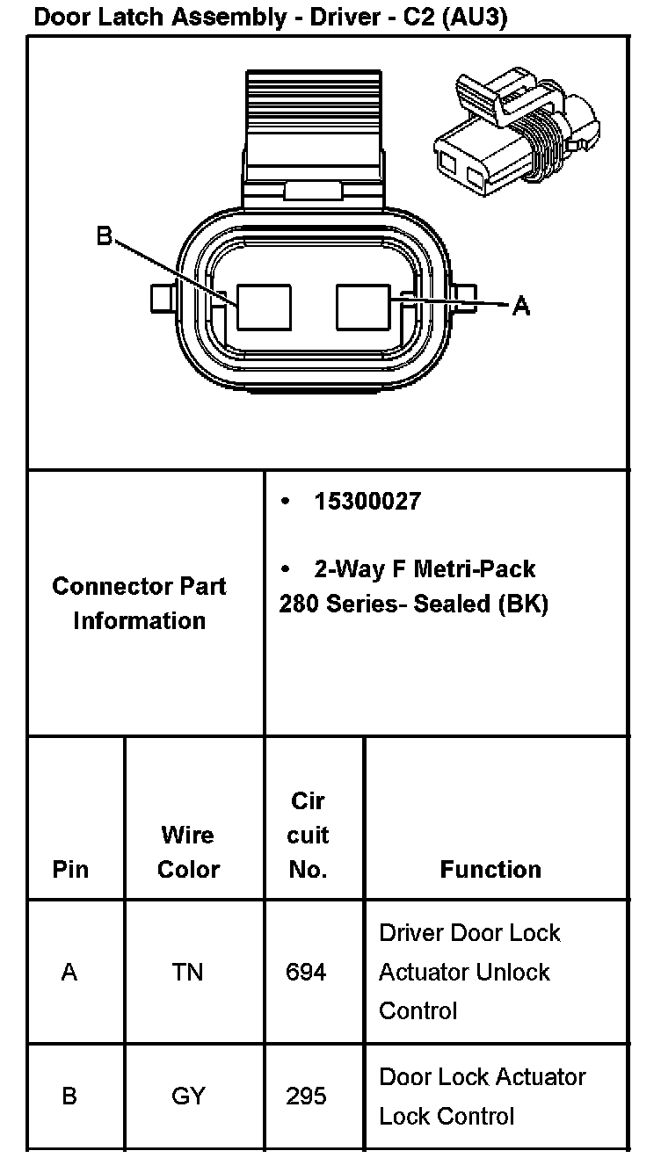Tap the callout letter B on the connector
pyautogui.click(x=105, y=236)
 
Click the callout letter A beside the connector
pyautogui.click(x=521, y=306)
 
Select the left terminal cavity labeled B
pyautogui.click(x=264, y=307)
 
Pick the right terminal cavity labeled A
pyautogui.click(x=364, y=307)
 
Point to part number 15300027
pyautogui.click(x=367, y=502)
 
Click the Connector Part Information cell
pyautogui.click(x=140, y=603)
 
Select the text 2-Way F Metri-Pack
pyautogui.click(x=425, y=569)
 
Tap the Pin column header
pyautogui.click(x=70, y=869)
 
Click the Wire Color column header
pyautogui.click(x=188, y=851)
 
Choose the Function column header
pyautogui.click(x=490, y=869)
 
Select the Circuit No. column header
pyautogui.click(x=308, y=835)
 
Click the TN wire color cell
pyautogui.click(x=188, y=972)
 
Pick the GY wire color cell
pyautogui.click(x=188, y=1096)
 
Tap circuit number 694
pyautogui.click(x=307, y=972)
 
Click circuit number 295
pyautogui.click(x=307, y=1096)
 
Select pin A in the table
pyautogui.click(x=69, y=972)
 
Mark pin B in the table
pyautogui.click(x=69, y=1096)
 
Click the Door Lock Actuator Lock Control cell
pyautogui.click(x=482, y=1096)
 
